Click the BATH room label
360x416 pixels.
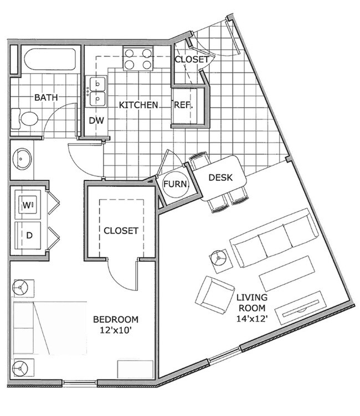coord(46,97)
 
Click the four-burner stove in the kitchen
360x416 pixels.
coord(138,59)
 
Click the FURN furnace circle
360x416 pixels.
coord(176,185)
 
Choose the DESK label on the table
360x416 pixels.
coord(220,178)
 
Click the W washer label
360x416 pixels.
coord(28,205)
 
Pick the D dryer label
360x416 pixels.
coord(29,235)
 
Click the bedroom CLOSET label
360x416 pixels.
coord(121,231)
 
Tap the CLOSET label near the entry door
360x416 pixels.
coord(192,59)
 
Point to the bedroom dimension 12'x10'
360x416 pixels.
coord(116,330)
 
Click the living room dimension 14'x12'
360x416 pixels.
coord(251,319)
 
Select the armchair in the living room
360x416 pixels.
coord(214,295)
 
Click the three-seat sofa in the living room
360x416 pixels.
coord(271,237)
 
